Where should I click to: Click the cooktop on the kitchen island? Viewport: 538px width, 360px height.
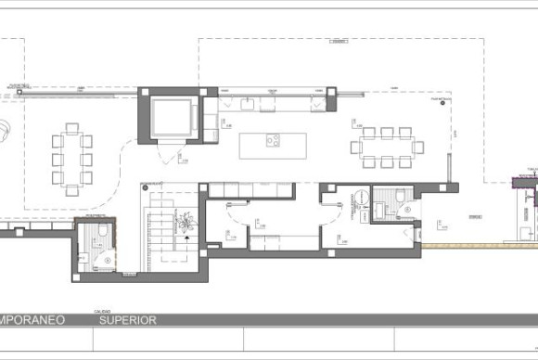(274, 141)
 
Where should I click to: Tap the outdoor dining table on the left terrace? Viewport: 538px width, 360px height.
(72, 159)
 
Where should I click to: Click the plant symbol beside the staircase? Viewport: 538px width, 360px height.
(187, 222)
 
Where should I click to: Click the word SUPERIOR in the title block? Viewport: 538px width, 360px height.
(128, 320)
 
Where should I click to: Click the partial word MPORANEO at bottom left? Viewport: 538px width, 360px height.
(32, 320)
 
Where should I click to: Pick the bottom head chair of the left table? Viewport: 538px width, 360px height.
(71, 190)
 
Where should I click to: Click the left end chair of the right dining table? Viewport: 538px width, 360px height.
(355, 147)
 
